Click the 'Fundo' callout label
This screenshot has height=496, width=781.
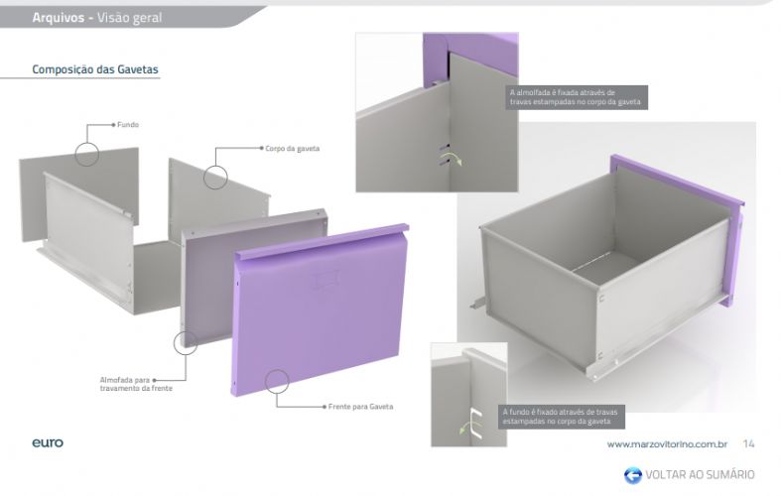click(128, 125)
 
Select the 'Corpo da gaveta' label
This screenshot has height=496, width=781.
click(293, 149)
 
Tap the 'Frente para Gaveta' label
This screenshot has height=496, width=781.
click(360, 407)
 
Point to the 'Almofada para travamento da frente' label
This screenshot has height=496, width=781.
click(136, 384)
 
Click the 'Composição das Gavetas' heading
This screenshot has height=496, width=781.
click(95, 69)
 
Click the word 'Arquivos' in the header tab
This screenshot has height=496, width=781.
click(59, 18)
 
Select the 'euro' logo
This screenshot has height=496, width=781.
click(48, 442)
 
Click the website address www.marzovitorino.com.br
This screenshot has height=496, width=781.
click(667, 443)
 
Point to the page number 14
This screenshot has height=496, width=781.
click(748, 443)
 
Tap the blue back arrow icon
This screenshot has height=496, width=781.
click(633, 474)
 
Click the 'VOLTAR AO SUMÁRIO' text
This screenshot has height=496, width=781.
click(700, 474)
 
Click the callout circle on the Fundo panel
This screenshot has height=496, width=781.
click(87, 143)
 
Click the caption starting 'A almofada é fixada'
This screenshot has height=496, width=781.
click(576, 97)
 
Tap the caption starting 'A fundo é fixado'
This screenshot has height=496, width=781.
click(561, 417)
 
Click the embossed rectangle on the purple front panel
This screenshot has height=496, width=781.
click(325, 279)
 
